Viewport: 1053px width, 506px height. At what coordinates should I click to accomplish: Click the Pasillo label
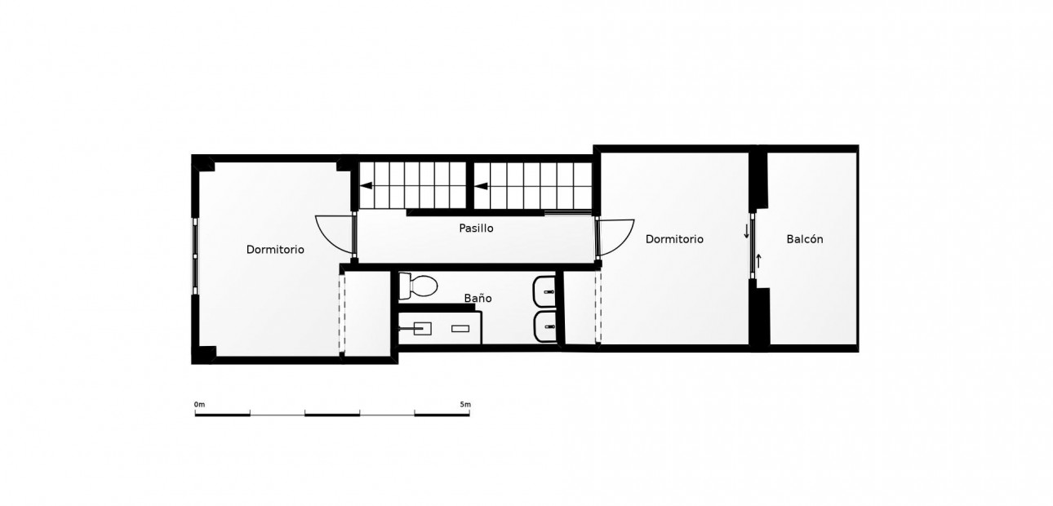(x=476, y=229)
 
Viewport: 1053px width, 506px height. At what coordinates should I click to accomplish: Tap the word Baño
(x=478, y=299)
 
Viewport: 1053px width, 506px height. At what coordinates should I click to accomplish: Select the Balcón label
(x=805, y=239)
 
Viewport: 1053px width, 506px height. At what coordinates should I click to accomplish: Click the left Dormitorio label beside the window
(x=275, y=250)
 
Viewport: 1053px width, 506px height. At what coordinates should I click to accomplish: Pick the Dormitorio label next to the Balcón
(x=674, y=239)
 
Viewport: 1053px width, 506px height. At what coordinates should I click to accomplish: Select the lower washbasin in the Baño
(x=545, y=327)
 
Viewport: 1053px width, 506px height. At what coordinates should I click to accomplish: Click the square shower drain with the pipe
(x=422, y=328)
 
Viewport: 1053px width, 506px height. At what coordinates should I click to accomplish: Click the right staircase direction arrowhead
(x=482, y=186)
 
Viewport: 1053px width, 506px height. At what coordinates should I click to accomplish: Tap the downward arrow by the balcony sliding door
(x=746, y=232)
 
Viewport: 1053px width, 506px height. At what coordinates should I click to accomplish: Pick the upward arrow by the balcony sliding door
(x=758, y=261)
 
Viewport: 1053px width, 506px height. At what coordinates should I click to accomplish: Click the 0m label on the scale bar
(x=199, y=404)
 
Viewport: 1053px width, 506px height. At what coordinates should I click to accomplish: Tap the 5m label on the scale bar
(x=465, y=404)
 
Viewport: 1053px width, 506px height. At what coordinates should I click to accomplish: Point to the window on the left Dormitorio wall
(x=194, y=253)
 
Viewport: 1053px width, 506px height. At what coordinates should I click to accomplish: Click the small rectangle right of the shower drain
(x=460, y=328)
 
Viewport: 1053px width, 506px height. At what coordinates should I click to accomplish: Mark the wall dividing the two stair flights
(x=470, y=185)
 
